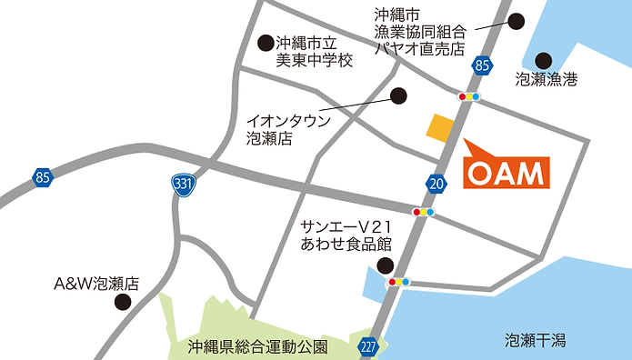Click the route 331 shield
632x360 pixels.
[184, 184]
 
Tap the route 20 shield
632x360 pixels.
[437, 184]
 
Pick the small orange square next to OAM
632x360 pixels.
[441, 128]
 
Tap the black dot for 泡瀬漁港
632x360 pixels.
[544, 60]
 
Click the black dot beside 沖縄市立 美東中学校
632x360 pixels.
[266, 42]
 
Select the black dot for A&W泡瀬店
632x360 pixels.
[121, 301]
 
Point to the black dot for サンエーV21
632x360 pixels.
[386, 265]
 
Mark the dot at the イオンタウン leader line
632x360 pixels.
[397, 94]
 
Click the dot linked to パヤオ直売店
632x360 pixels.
[517, 21]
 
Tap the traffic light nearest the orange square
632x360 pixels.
[469, 95]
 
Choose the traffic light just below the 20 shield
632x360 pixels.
[423, 212]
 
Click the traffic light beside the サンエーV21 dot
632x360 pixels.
[399, 282]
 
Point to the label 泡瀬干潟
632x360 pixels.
[537, 340]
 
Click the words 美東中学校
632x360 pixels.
[314, 60]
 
